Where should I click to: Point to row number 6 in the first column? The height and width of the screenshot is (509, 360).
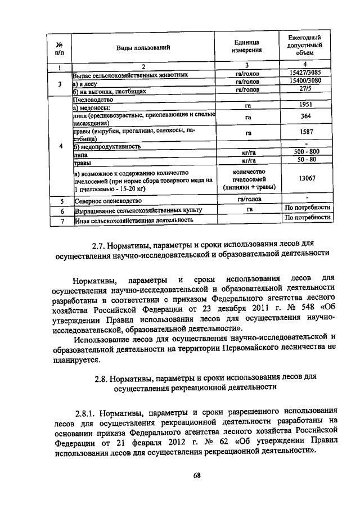click(x=59, y=210)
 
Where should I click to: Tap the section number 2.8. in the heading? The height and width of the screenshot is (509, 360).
click(x=105, y=377)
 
